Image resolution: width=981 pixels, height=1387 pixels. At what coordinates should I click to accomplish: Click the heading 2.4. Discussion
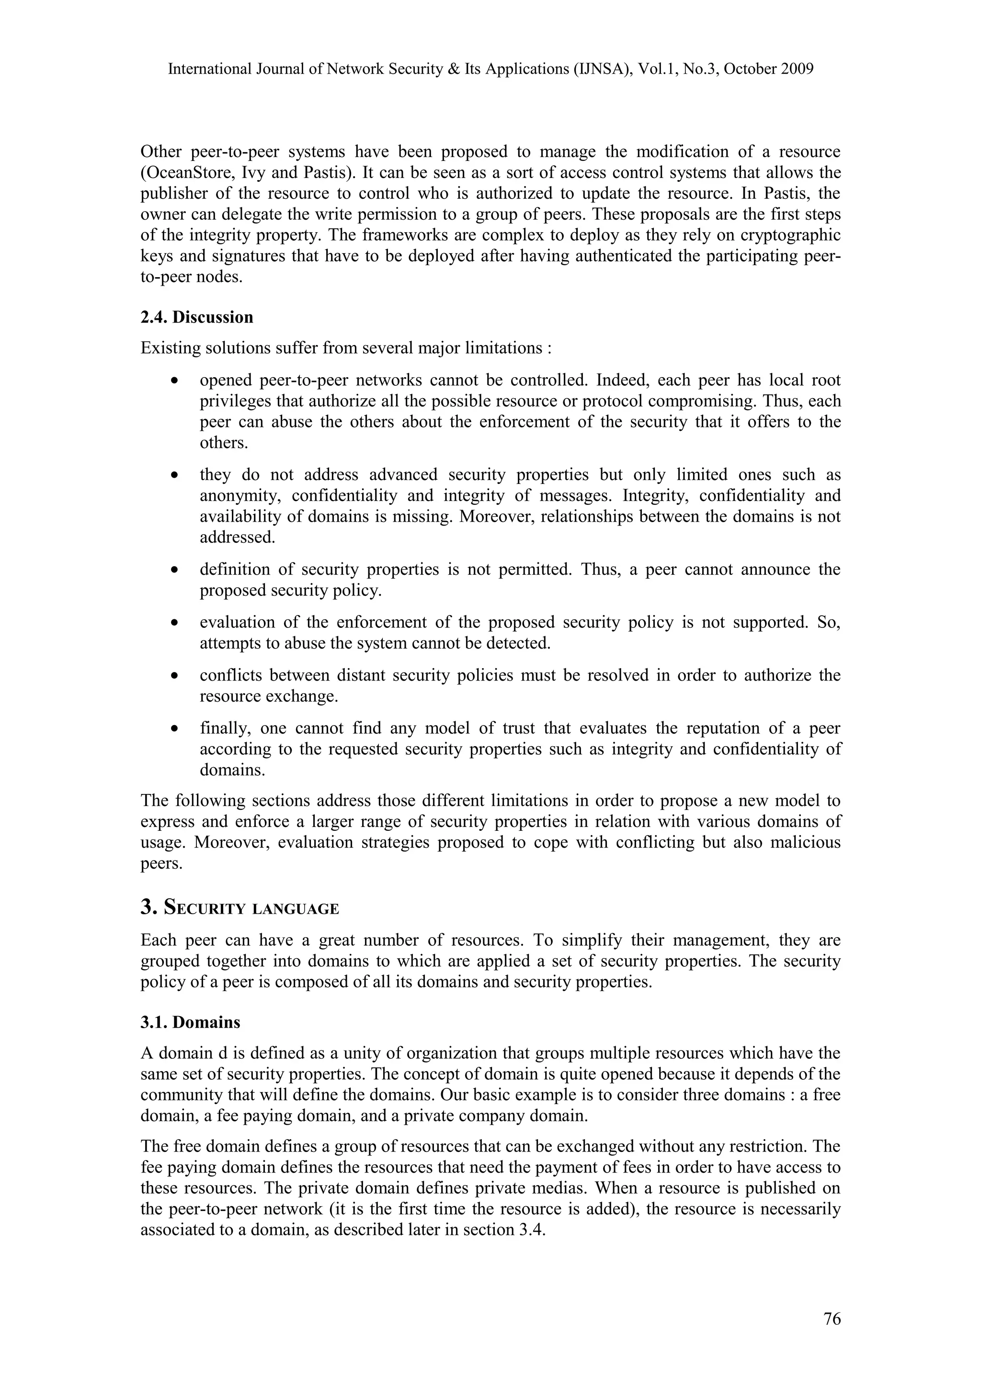pyautogui.click(x=197, y=317)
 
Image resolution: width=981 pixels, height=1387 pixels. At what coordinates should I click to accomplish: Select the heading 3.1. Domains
pyautogui.click(x=190, y=1022)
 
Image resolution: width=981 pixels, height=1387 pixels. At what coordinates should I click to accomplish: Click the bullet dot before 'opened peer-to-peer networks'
pyautogui.click(x=175, y=381)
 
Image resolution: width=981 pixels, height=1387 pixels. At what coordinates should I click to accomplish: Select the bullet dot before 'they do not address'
pyautogui.click(x=175, y=475)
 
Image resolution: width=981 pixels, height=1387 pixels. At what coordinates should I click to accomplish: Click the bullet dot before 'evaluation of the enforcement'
pyautogui.click(x=175, y=623)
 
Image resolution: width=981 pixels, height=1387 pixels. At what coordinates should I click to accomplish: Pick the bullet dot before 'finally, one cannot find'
pyautogui.click(x=175, y=729)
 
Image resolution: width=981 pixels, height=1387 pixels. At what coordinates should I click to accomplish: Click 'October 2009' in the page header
pyautogui.click(x=768, y=69)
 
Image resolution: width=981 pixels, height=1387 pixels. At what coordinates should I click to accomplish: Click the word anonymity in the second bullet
pyautogui.click(x=239, y=496)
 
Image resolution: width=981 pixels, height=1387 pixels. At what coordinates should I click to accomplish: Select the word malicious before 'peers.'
pyautogui.click(x=806, y=842)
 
